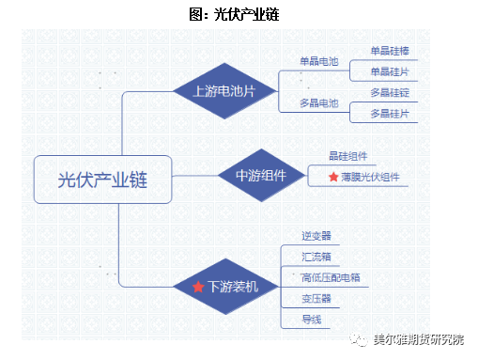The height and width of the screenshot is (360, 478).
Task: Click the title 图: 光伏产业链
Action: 239,15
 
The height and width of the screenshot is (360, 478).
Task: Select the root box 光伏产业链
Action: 102,179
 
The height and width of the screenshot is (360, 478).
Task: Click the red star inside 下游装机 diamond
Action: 198,286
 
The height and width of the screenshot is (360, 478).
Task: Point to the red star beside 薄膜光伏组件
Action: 332,177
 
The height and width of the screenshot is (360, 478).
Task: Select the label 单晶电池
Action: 318,62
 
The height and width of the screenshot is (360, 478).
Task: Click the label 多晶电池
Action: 318,102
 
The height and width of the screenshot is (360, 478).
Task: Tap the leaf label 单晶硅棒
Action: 389,51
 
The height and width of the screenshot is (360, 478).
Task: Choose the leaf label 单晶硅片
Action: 389,71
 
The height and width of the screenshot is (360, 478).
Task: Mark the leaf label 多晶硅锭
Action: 389,92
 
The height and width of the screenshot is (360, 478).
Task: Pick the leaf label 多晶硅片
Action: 389,113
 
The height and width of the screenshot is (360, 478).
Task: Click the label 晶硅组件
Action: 347,156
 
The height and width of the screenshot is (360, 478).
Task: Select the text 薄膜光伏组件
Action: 370,177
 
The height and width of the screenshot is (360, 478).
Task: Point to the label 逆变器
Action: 316,236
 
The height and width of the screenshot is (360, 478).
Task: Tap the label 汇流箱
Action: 316,256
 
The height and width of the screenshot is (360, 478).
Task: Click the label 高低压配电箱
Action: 331,277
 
